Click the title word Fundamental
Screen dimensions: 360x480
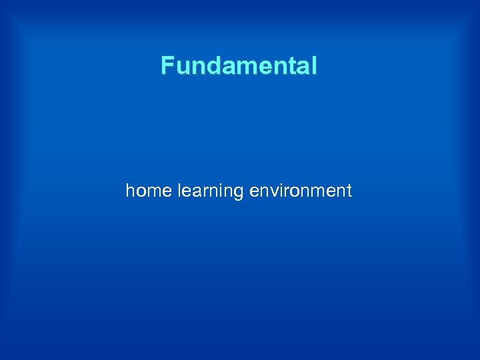pos(239,66)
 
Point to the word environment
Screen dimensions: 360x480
pos(300,191)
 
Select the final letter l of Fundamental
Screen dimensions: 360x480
pos(313,66)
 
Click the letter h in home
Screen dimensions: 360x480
pos(130,191)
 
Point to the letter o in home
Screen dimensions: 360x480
pos(140,192)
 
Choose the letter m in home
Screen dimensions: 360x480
pos(153,192)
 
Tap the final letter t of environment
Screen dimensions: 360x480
pos(349,191)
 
